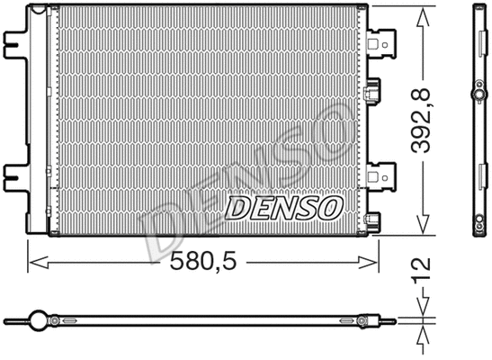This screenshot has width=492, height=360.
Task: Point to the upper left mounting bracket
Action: click(x=16, y=44)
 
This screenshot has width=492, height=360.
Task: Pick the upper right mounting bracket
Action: click(x=382, y=41)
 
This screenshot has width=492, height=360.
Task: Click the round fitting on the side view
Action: click(x=477, y=94)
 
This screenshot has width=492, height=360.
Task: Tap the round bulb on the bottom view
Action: click(x=38, y=319)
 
